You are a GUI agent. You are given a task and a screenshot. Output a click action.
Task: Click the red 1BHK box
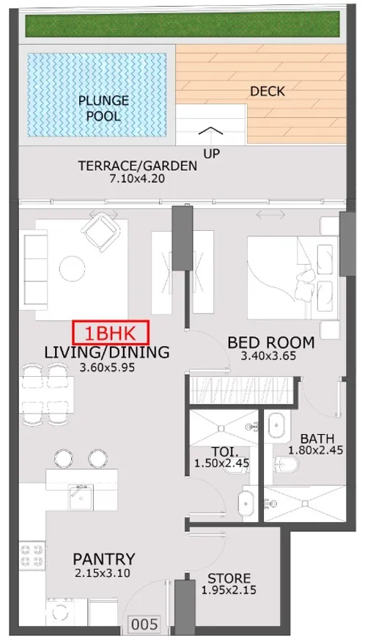pos(111,333)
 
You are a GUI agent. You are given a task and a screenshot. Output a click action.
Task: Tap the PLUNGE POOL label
pos(103,108)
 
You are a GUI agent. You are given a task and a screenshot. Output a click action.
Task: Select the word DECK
pos(268,91)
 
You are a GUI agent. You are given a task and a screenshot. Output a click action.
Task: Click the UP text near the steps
pos(212,153)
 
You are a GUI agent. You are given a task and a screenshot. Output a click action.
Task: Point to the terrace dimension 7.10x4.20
pos(137,178)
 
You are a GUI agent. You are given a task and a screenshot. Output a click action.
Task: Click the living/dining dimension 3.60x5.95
pos(107,367)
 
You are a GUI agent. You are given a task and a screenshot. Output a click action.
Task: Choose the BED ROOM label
pos(270,342)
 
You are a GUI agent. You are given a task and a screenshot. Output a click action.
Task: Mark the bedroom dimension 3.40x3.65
pos(268,356)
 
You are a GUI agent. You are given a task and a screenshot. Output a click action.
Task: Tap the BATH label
pos(317,439)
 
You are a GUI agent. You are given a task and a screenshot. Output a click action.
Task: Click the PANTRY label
pos(103,559)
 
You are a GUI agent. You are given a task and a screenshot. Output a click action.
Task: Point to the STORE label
pos(229,578)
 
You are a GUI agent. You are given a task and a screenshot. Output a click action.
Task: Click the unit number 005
pos(145,625)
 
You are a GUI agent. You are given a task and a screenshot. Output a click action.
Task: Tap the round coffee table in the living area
pos(73,268)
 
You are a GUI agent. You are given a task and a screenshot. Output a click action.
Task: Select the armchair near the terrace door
pos(100,233)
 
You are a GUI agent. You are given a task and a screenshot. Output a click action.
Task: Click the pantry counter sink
pos(81,497)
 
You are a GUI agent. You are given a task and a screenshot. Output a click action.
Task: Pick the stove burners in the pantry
pos(32,555)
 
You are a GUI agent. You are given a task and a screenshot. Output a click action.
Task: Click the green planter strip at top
pos(182,24)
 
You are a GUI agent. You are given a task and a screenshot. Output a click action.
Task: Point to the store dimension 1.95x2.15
pos(229,590)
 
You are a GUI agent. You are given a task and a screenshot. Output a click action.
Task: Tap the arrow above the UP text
pos(211,130)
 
